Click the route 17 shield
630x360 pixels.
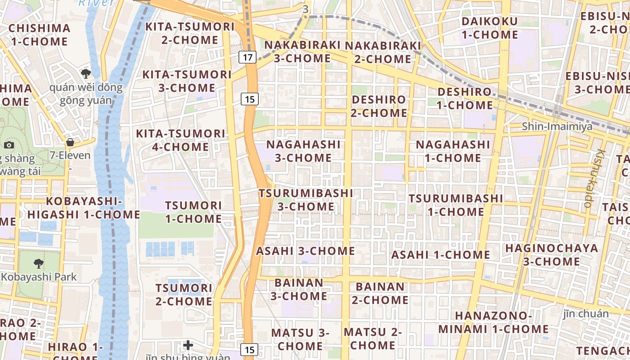tap(247, 57)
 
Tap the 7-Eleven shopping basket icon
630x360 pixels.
tap(70, 143)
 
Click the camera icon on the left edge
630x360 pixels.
tap(9, 145)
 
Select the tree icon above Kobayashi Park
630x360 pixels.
tap(39, 264)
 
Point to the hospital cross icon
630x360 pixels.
tap(188, 345)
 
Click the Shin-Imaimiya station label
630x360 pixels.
tap(557, 126)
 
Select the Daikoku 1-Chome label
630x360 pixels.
tap(490, 28)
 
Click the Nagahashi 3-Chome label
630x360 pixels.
tap(303, 151)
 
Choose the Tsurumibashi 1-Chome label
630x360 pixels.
tap(455, 205)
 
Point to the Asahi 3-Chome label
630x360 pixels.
tap(306, 251)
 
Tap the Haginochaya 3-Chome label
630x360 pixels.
tap(551, 255)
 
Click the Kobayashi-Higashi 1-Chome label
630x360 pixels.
tap(83, 208)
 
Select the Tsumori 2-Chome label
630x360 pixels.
tap(184, 294)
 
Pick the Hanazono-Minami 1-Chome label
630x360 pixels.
tap(493, 322)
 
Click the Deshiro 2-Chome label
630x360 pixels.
tap(379, 106)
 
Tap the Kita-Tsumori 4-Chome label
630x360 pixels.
tap(180, 140)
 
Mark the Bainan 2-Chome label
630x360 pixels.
tap(380, 293)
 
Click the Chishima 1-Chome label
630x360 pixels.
tap(40, 35)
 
